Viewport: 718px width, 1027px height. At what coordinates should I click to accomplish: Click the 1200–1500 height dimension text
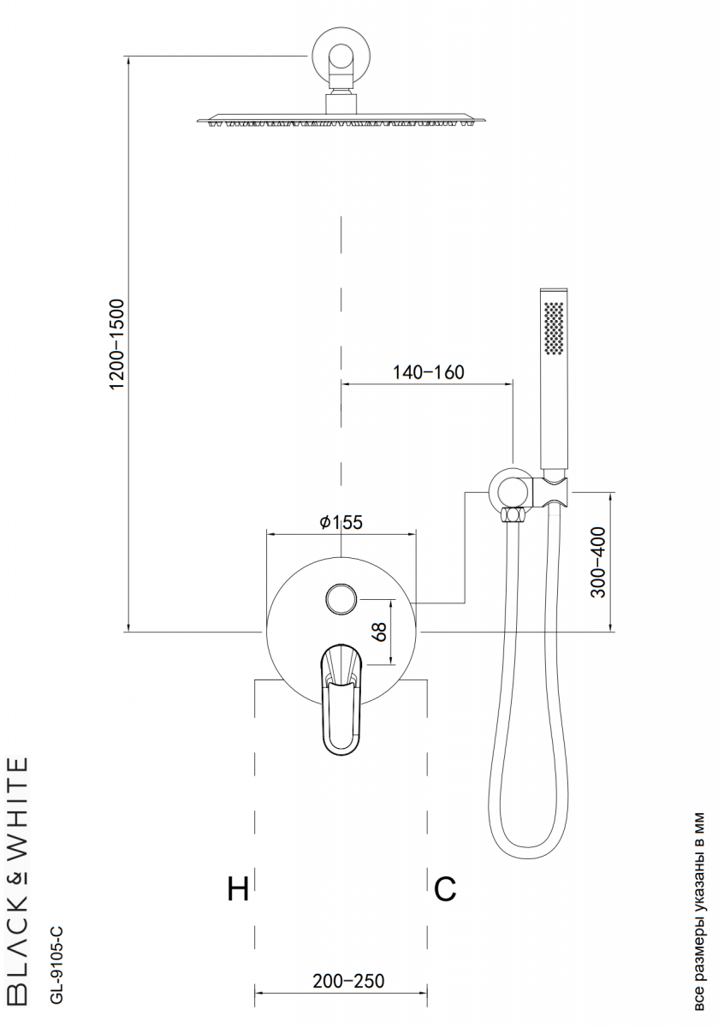[117, 344]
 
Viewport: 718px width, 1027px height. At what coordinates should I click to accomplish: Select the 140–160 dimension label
[428, 371]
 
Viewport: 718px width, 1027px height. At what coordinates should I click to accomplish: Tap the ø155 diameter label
[341, 522]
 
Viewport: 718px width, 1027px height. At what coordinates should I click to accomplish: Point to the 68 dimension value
[380, 632]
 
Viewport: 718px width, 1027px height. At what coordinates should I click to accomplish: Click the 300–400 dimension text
[598, 562]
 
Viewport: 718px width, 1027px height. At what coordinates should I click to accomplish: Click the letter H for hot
[238, 889]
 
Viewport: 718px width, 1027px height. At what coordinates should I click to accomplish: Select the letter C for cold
[445, 889]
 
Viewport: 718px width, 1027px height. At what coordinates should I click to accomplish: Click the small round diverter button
[341, 599]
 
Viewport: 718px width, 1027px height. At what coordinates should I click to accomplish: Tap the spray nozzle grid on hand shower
[555, 327]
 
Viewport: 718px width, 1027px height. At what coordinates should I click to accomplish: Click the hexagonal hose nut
[513, 514]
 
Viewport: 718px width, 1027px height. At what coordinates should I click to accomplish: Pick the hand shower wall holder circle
[509, 490]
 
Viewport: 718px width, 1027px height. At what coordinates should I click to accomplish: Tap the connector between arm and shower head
[341, 104]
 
